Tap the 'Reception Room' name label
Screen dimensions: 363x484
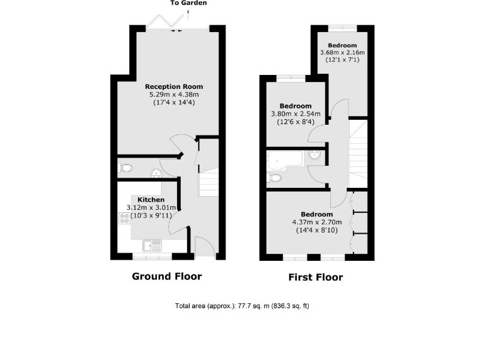point(174,86)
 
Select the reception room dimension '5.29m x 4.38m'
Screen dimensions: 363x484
point(174,95)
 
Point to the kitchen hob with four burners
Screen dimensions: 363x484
point(124,218)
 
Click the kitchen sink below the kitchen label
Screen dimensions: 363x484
point(152,245)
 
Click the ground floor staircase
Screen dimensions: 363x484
point(209,183)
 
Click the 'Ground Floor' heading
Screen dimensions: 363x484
point(166,276)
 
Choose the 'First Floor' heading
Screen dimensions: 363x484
point(316,277)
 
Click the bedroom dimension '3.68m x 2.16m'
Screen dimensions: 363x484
point(342,52)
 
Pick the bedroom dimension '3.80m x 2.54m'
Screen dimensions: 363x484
point(296,114)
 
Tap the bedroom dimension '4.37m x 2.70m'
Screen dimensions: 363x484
point(316,222)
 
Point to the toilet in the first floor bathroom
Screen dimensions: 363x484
point(275,178)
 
